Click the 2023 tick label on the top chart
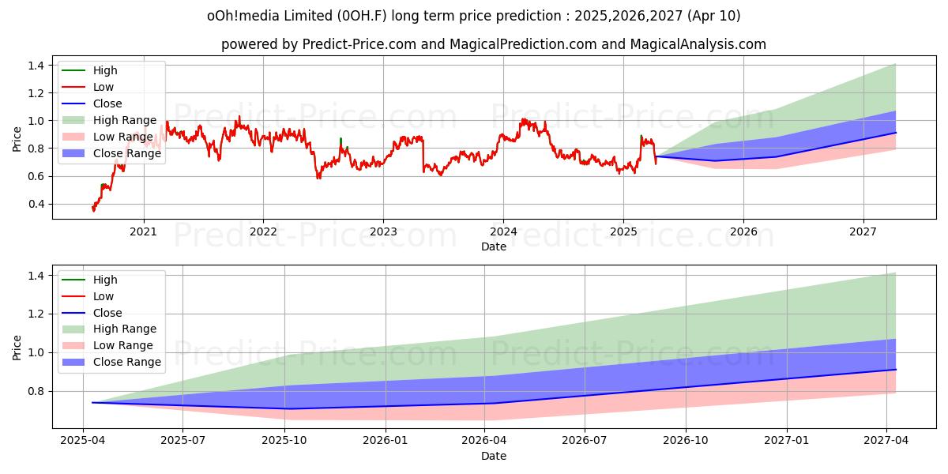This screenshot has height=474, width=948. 383,231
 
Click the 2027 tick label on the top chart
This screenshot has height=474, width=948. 863,231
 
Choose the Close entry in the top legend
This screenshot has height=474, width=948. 107,103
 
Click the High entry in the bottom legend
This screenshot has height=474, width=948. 104,280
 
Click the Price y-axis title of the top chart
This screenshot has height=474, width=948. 17,139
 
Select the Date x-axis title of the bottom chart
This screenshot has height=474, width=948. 494,456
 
